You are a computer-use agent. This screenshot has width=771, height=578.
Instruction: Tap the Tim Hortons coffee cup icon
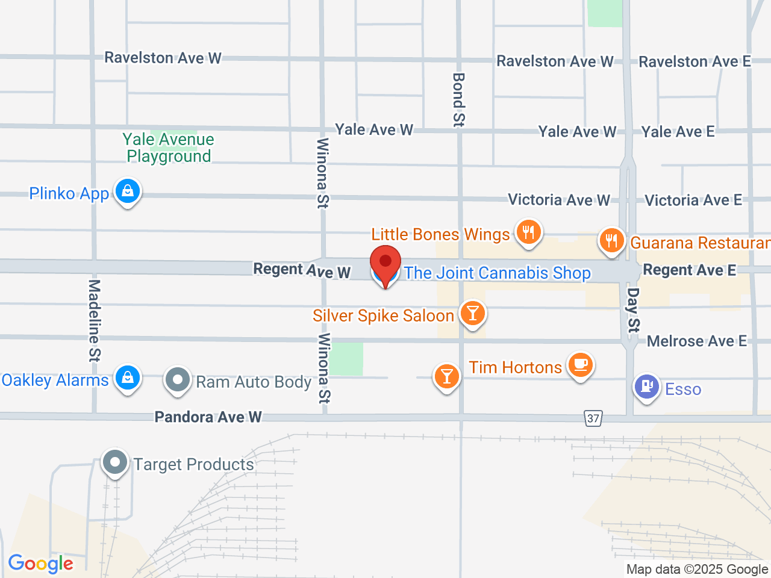pos(580,364)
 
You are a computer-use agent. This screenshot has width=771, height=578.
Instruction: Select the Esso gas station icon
pos(646,387)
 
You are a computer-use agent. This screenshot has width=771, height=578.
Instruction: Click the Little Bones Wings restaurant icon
pos(528,232)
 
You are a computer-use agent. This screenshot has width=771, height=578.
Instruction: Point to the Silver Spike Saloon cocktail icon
pos(473,313)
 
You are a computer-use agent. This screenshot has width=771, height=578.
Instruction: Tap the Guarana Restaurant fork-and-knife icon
pos(611,241)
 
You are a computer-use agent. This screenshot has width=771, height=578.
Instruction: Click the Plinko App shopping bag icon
pos(127,191)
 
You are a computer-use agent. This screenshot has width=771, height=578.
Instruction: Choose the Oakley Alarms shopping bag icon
pos(127,378)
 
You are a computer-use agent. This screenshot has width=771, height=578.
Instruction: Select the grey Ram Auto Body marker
pos(178,380)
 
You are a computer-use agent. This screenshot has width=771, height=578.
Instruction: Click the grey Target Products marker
pos(114,462)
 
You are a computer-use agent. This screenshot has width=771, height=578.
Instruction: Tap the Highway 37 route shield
pos(593,418)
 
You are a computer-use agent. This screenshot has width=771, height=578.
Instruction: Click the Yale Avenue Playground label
pos(169,148)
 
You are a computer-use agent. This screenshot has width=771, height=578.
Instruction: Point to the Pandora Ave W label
pos(208,417)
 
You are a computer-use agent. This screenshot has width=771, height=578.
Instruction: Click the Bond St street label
pos(459,99)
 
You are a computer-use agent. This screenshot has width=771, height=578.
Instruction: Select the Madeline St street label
pos(94,320)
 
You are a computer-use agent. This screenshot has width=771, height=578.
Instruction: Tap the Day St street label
pos(632,309)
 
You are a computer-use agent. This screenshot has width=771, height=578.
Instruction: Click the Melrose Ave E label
pos(696,341)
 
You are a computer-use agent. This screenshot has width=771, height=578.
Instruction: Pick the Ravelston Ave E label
pos(695,61)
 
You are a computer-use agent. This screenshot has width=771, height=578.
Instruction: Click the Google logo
pos(41,564)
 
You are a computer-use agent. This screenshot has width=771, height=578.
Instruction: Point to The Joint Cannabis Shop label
pos(497,273)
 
